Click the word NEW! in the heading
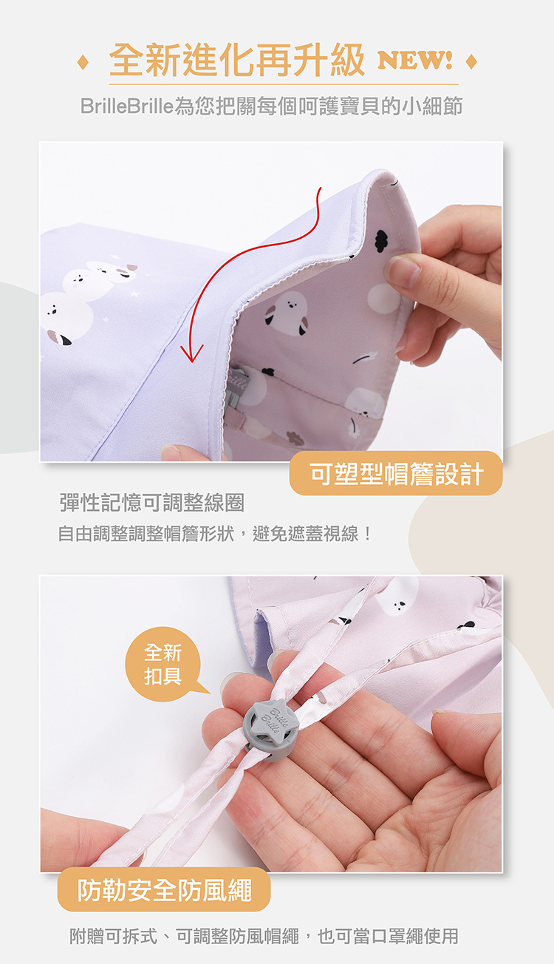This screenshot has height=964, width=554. click(414, 60)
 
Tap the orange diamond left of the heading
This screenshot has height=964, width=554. click(83, 62)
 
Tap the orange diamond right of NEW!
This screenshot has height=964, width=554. click(471, 61)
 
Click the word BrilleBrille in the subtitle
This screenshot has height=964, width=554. click(126, 106)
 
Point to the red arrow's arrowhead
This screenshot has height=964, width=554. click(191, 353)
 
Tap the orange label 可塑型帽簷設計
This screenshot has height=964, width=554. click(396, 473)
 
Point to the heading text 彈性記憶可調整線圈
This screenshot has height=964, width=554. click(152, 502)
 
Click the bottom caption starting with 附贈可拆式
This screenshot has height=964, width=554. click(264, 936)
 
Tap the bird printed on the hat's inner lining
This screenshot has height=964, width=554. click(287, 313)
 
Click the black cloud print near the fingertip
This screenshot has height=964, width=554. click(381, 242)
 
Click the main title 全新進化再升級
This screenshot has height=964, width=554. click(236, 61)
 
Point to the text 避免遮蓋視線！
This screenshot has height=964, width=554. click(312, 534)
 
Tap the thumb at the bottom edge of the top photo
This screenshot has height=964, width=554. click(187, 452)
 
